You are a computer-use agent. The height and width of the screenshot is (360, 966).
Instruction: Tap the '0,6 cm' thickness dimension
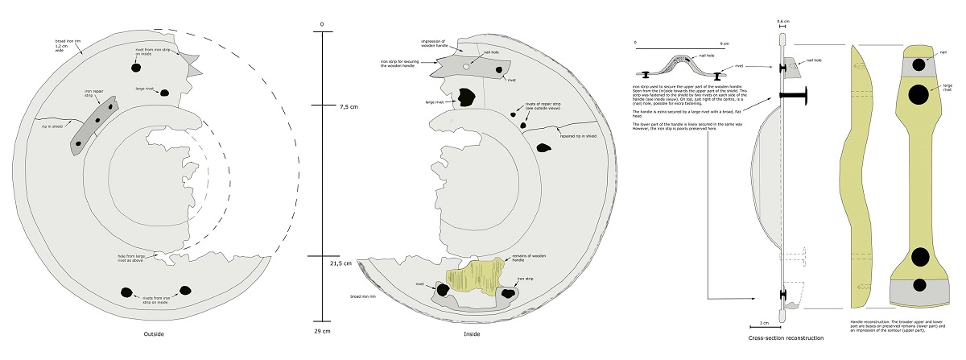point(781,23)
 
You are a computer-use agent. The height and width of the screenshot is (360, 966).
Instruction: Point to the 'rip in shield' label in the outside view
point(52,126)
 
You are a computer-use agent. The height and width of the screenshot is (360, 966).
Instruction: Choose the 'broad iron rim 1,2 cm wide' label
point(65,47)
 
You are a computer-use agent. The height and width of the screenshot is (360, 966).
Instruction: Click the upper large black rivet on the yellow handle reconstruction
point(916,95)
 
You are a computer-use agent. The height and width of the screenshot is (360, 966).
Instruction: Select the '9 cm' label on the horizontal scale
point(723,43)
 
